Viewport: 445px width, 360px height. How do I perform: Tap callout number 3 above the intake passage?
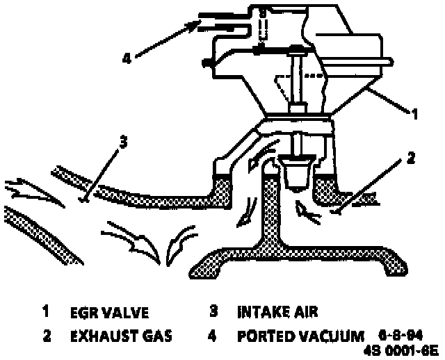tap(122, 142)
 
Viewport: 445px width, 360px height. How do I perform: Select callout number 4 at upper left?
tap(127, 58)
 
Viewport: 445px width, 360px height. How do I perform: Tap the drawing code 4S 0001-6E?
tap(402, 350)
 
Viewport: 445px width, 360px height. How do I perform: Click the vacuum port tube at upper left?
tap(218, 21)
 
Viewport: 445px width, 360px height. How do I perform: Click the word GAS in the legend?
tap(158, 336)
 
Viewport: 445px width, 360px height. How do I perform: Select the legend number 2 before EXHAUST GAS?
tap(46, 336)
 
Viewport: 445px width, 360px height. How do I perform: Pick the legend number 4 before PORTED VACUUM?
tap(213, 336)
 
